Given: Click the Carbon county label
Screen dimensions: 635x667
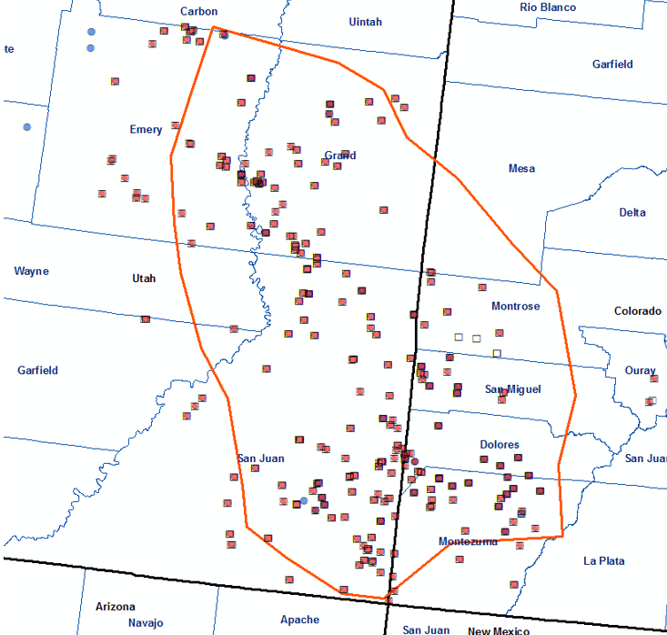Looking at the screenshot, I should click(198, 11).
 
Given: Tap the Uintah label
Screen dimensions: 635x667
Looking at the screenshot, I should click(365, 22).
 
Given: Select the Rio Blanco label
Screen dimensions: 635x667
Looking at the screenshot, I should click(548, 7).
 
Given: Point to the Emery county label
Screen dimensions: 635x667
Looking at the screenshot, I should click(146, 130).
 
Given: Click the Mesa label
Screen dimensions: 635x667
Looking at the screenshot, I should click(521, 168).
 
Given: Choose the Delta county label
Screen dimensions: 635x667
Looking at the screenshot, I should click(632, 213).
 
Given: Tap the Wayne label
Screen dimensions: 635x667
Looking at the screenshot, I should click(32, 271).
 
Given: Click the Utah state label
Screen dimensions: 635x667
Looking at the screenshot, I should click(144, 278).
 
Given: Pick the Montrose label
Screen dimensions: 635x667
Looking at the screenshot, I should click(515, 307).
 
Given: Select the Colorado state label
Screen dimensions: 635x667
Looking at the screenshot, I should click(637, 311).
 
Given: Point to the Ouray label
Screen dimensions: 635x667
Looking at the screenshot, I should click(640, 371).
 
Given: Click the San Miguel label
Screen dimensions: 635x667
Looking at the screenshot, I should click(512, 389).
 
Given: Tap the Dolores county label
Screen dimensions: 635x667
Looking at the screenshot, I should click(500, 445).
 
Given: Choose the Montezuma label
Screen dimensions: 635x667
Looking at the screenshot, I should click(468, 541).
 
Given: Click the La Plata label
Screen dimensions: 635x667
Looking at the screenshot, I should click(604, 561).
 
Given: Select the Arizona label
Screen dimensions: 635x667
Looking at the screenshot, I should click(116, 607).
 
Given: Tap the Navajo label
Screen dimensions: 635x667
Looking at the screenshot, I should click(119, 623).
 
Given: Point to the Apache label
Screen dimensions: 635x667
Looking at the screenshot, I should click(299, 620).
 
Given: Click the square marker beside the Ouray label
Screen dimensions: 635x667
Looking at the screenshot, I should click(652, 401).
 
